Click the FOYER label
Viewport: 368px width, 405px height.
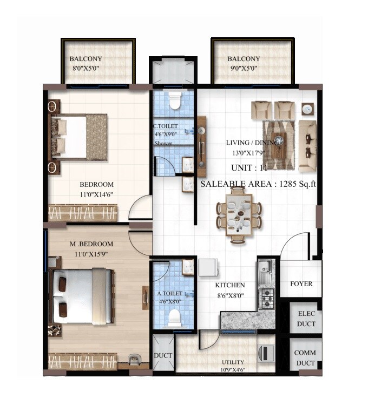pyautogui.click(x=301, y=284)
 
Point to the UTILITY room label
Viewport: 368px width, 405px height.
pyautogui.click(x=233, y=362)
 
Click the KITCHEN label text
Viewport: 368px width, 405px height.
pyautogui.click(x=230, y=285)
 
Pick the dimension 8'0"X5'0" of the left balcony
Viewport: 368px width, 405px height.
pyautogui.click(x=86, y=69)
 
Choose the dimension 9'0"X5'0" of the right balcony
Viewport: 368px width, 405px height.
pyautogui.click(x=244, y=69)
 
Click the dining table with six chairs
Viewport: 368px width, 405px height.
pyautogui.click(x=239, y=215)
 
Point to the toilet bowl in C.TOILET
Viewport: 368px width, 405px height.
pyautogui.click(x=175, y=100)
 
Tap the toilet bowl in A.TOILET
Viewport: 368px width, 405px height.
pyautogui.click(x=174, y=319)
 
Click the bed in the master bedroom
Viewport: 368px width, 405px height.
pyautogui.click(x=84, y=296)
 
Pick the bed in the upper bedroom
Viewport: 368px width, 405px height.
pyautogui.click(x=78, y=137)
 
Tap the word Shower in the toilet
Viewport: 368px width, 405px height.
pyautogui.click(x=163, y=143)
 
